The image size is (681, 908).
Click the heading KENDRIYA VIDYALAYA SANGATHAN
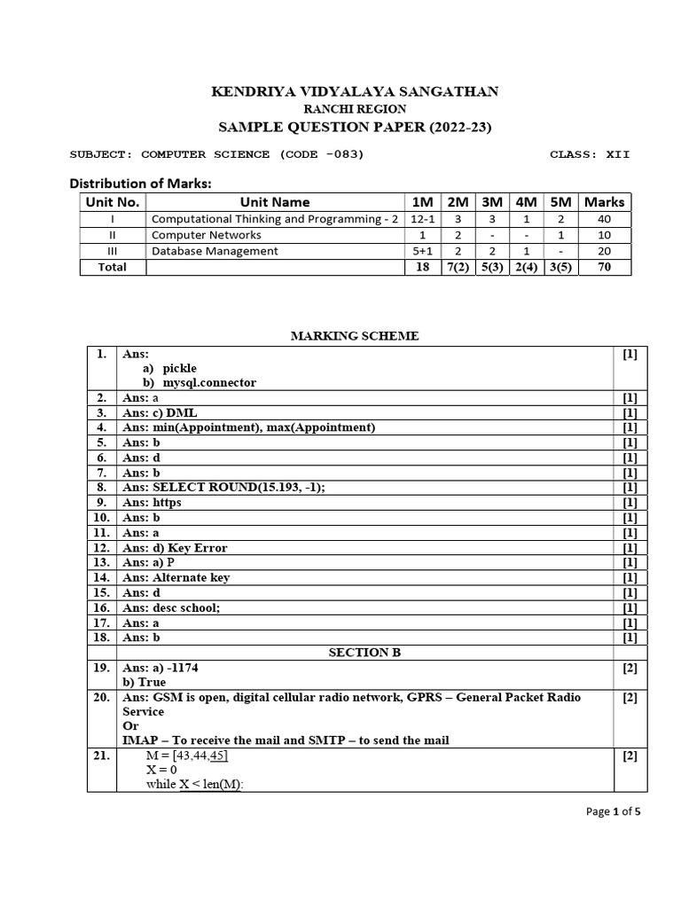pos(354,91)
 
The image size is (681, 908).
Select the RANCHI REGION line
pos(354,109)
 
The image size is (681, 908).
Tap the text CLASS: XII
pos(590,154)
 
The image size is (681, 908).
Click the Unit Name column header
pos(273,202)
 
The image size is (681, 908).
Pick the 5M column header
pos(560,202)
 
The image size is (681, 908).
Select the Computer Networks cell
pos(207,235)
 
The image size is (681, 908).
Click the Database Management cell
pos(215,251)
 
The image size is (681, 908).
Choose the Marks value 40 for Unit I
pos(604,219)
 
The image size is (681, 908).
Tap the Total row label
pos(113,267)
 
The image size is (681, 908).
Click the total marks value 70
pos(604,267)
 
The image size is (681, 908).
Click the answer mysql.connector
pos(208,383)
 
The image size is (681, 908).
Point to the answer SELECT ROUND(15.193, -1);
pos(231,488)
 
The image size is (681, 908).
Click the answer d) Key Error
pos(175,548)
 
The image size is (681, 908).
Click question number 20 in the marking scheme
pos(101,698)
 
